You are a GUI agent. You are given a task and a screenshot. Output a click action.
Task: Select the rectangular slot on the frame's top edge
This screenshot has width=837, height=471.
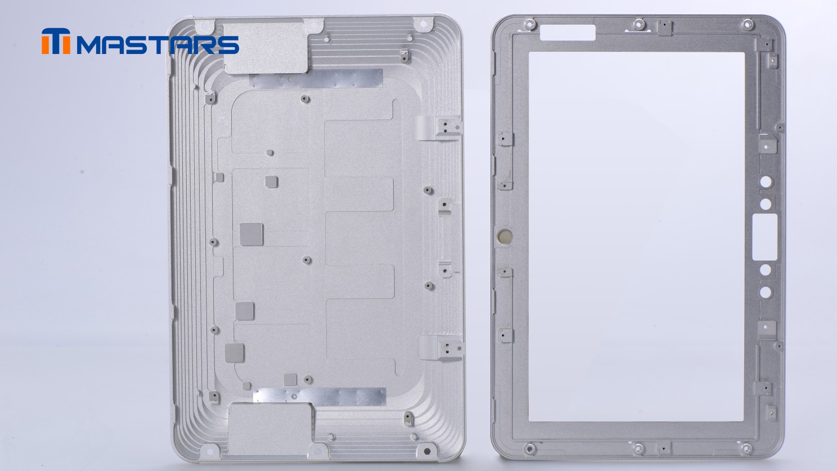(x=568, y=33)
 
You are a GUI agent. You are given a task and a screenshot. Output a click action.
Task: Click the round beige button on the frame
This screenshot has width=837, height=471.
(x=504, y=235)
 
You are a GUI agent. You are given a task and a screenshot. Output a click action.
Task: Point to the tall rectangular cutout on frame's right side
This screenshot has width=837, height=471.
(x=764, y=237)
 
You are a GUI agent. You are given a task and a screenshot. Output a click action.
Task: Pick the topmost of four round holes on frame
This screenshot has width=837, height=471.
(x=766, y=182)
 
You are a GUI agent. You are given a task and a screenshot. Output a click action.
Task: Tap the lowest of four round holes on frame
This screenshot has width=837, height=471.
(x=766, y=292)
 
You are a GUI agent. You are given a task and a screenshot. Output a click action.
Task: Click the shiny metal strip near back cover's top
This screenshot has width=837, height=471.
(x=316, y=79)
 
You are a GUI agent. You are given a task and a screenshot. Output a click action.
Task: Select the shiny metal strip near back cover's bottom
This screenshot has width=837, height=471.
(x=319, y=397)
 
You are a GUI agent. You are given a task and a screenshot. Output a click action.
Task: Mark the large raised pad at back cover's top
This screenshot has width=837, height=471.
(x=266, y=48)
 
